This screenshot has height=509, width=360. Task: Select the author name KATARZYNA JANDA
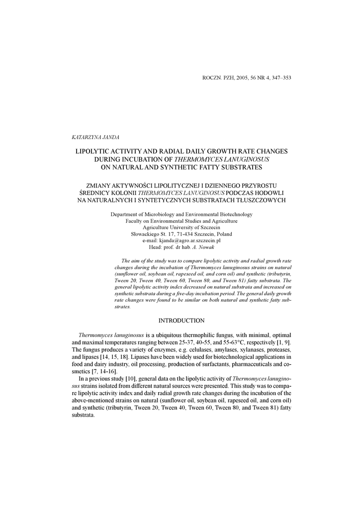tap(92, 136)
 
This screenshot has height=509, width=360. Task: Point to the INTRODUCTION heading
tap(181, 321)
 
